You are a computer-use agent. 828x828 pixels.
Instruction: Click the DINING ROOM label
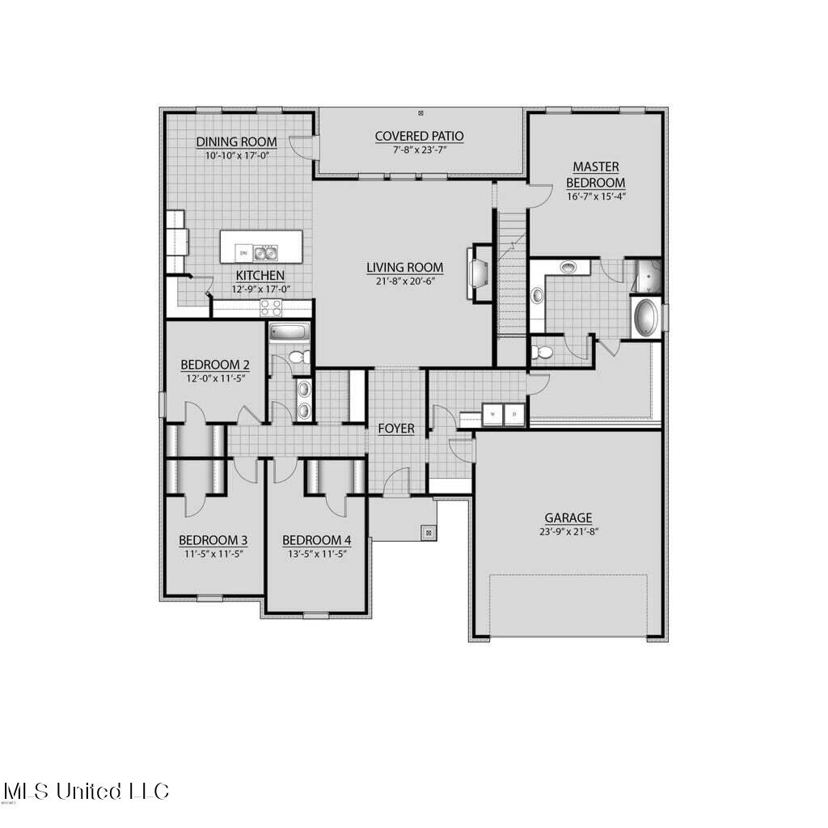tap(236, 142)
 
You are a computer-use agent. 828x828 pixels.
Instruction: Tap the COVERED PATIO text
tap(419, 136)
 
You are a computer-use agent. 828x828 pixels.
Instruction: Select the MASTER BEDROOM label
tap(596, 175)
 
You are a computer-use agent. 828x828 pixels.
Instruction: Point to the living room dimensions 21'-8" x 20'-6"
tap(404, 281)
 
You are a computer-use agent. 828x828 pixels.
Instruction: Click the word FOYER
tap(396, 429)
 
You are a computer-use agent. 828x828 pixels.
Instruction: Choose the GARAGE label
tap(568, 517)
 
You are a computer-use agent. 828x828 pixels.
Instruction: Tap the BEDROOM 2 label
tap(209, 364)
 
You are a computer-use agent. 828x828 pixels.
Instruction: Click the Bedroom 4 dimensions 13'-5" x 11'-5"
tap(315, 554)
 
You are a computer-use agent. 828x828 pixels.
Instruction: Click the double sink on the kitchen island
tap(264, 252)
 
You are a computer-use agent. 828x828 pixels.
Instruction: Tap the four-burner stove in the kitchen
tap(270, 307)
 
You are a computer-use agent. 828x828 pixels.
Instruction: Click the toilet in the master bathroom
tap(543, 352)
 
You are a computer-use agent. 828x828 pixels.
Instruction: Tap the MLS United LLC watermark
tap(86, 790)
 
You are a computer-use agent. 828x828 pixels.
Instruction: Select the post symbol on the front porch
tap(428, 533)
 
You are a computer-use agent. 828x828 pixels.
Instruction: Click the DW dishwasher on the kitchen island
tap(243, 253)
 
